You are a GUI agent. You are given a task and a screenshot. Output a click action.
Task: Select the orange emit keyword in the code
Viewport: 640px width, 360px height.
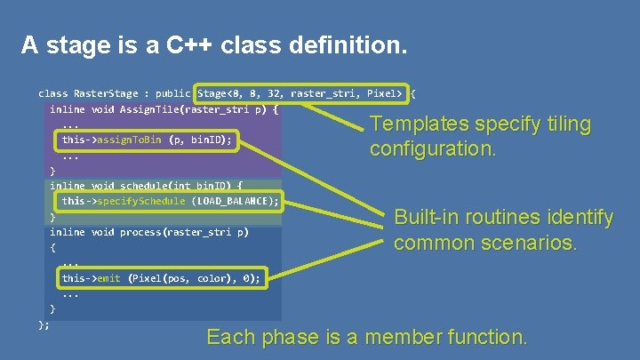(108, 278)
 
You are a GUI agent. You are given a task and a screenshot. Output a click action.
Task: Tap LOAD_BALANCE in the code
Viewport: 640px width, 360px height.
(233, 201)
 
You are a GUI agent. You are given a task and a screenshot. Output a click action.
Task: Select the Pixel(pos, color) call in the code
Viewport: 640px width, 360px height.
(178, 278)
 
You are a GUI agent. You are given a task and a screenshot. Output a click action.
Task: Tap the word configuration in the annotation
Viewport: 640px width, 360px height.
(420, 148)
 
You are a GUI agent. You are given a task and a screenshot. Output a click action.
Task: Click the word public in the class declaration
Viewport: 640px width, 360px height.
(172, 92)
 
